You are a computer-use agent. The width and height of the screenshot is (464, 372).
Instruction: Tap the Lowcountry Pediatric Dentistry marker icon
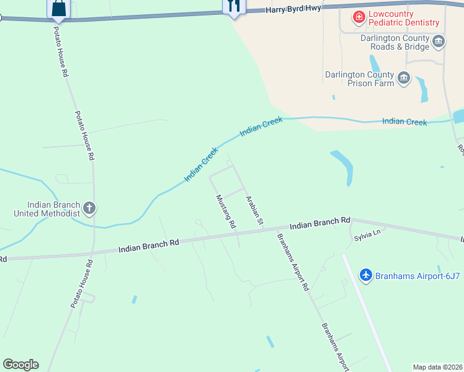pos(359,17)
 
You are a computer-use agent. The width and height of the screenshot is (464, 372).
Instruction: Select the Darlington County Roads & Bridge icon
pos(439,42)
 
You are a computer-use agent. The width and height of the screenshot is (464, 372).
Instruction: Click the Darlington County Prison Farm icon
pos(404,78)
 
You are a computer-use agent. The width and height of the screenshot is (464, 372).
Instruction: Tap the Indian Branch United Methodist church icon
pos(89,208)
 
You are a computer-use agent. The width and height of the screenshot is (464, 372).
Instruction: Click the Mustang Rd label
pos(226,212)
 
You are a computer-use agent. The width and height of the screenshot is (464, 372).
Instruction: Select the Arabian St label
pos(255,210)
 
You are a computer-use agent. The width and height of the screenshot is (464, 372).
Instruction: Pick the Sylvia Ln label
pos(367,235)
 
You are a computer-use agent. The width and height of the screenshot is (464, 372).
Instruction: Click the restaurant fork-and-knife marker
pos(234,6)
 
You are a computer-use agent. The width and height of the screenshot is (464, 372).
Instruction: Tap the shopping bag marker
pos(59,7)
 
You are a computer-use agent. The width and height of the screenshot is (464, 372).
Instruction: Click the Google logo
pos(20,365)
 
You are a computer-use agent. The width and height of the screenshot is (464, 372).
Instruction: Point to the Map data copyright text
pos(437,367)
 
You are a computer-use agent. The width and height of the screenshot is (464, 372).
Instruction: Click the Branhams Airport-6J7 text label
pos(417,275)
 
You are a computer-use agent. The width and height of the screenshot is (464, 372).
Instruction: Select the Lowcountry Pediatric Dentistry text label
pos(403,18)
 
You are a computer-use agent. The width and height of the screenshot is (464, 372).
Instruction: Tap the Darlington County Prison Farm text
pos(359,79)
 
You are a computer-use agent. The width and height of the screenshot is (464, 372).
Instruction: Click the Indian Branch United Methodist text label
pos(47,209)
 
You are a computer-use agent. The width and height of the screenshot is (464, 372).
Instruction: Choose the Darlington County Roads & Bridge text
pos(395,42)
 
